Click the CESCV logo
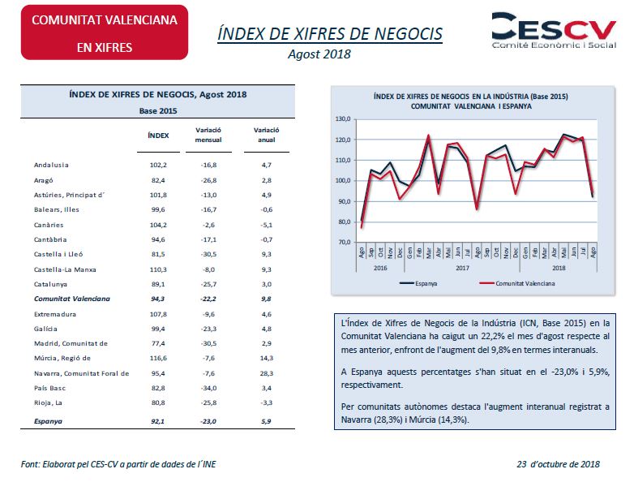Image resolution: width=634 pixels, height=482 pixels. [554, 31]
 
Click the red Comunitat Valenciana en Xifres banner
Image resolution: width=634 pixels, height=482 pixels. [105, 32]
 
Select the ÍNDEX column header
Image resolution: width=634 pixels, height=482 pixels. [158, 136]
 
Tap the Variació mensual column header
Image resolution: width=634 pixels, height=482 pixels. [208, 135]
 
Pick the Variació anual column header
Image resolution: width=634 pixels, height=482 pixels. [266, 135]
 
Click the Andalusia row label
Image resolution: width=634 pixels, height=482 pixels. [51, 165]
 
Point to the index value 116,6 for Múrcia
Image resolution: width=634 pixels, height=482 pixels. [158, 358]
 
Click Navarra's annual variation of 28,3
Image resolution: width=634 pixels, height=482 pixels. [267, 373]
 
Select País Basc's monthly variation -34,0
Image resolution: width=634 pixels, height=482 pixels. [208, 388]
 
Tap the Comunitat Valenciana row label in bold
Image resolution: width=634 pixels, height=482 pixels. [72, 299]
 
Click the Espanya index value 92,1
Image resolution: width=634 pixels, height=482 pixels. [158, 421]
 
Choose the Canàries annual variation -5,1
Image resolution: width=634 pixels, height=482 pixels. [267, 225]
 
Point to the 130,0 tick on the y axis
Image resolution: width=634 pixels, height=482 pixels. [343, 119]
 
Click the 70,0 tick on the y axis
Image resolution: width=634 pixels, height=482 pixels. [344, 243]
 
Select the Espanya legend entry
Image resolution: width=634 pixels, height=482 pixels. [418, 283]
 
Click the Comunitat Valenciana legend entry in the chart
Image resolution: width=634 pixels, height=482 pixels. [517, 283]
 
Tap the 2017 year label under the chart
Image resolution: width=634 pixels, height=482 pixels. [463, 268]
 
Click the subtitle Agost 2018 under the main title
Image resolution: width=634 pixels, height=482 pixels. [319, 54]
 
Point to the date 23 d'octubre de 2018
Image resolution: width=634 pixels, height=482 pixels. [558, 464]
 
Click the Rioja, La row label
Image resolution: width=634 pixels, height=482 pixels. [48, 403]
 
